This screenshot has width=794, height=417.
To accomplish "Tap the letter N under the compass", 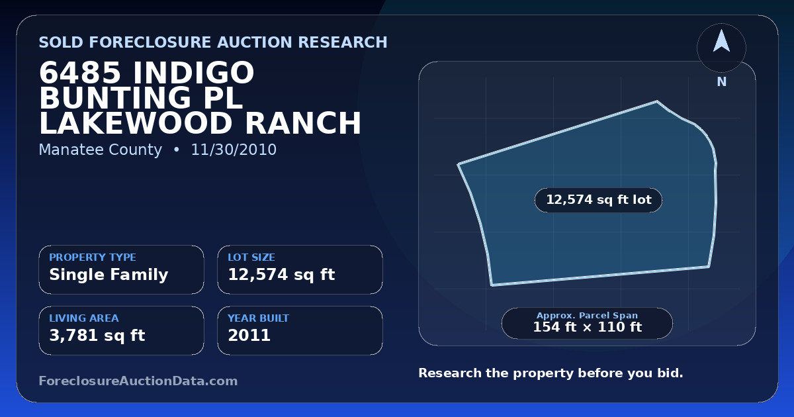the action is coord(722,82).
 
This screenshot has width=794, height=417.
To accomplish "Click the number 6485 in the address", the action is coord(80,73).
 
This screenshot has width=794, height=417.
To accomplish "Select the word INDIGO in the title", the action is coord(193,73).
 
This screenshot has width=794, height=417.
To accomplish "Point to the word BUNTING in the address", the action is coord(115,98).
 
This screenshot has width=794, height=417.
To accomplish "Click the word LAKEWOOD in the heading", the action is coord(136,123).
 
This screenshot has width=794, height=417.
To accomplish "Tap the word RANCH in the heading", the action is coord(303,123).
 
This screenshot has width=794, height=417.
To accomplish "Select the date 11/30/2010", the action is coord(234,150).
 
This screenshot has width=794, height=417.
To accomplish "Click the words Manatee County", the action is coord(101,150).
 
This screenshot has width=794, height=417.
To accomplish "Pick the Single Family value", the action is coord(109,275).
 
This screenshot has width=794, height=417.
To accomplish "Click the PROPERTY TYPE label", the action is coord(93,257).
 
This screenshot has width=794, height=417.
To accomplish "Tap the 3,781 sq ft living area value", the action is coord(97,336).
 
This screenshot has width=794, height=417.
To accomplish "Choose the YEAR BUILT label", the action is coord(259,318).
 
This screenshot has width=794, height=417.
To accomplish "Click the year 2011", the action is coord(249,336).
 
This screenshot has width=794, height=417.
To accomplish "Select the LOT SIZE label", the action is coord(251,257).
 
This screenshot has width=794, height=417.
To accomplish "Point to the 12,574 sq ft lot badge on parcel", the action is coord(598,200).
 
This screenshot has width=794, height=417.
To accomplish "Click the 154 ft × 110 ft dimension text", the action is coord(588,327).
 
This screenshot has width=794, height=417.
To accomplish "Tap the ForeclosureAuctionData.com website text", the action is coord(138,381).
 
